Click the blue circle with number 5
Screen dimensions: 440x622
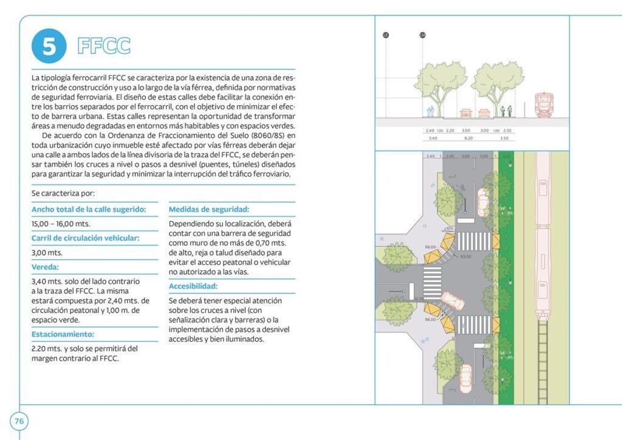[49, 46]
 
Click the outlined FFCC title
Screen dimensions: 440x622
[104, 46]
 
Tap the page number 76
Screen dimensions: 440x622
[19, 421]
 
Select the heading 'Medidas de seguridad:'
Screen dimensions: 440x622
[209, 209]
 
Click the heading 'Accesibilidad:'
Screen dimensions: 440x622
[193, 286]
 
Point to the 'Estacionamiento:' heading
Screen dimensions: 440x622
[63, 334]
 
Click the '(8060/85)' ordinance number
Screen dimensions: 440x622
[266, 134]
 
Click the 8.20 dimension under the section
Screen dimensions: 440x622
[468, 139]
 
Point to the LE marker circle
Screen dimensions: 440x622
[385, 35]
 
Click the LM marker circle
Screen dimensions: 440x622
[423, 35]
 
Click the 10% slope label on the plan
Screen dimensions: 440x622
[449, 229]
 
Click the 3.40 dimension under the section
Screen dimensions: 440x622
[432, 139]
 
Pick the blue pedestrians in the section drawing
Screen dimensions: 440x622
[431, 111]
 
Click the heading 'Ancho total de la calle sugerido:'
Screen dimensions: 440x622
[89, 209]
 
